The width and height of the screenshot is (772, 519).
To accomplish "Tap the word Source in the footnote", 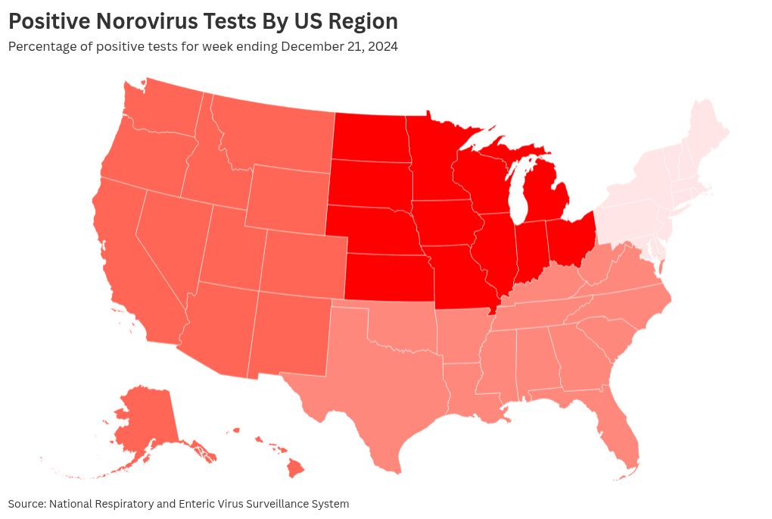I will click(26, 504).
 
